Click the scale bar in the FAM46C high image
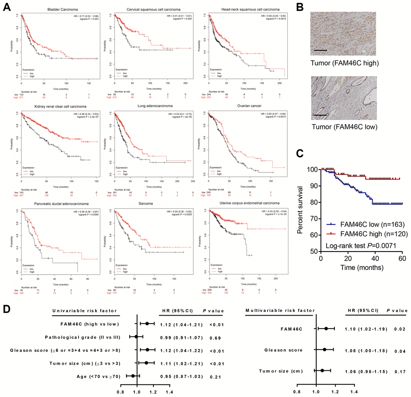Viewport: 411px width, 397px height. (320, 50)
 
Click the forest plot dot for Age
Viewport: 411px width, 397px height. (133, 376)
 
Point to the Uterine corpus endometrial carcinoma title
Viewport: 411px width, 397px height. (249, 204)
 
